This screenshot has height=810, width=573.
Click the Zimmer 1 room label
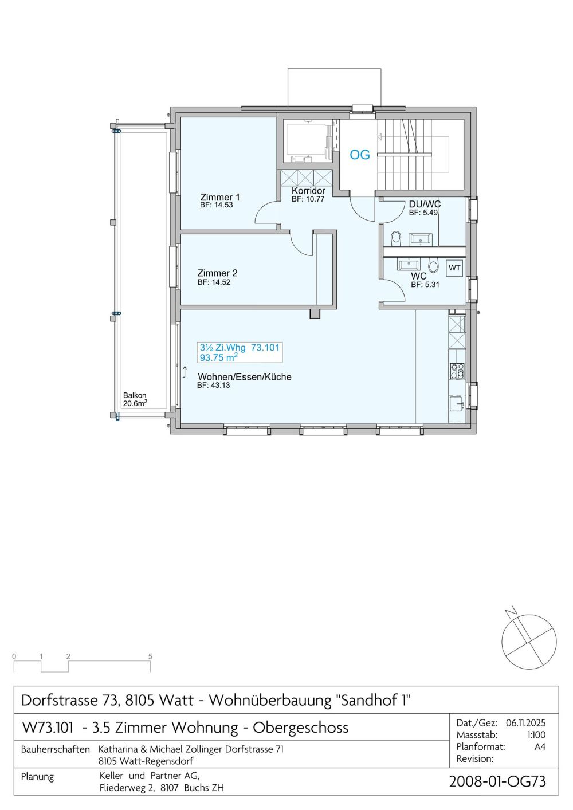pyautogui.click(x=220, y=198)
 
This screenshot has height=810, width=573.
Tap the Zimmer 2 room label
pyautogui.click(x=217, y=273)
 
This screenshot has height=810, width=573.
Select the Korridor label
pyautogui.click(x=309, y=191)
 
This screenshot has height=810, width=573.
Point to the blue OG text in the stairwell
pyautogui.click(x=360, y=155)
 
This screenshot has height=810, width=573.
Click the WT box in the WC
pyautogui.click(x=454, y=268)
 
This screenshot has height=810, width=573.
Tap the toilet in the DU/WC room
pyautogui.click(x=396, y=238)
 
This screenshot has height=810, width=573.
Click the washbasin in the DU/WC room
pyautogui.click(x=420, y=239)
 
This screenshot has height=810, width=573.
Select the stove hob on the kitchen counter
pyautogui.click(x=457, y=371)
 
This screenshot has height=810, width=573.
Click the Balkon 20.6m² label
pyautogui.click(x=135, y=400)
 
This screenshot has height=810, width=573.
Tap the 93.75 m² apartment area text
pyautogui.click(x=219, y=357)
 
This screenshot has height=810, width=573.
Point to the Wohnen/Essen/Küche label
pyautogui.click(x=244, y=377)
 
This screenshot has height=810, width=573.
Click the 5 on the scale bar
pyautogui.click(x=150, y=656)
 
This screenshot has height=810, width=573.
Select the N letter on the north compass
pyautogui.click(x=512, y=612)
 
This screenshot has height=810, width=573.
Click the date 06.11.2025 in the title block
pyautogui.click(x=525, y=723)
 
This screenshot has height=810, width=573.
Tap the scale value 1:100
pyautogui.click(x=536, y=735)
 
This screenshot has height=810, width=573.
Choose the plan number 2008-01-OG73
pyautogui.click(x=497, y=781)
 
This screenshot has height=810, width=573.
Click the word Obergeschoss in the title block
pyautogui.click(x=300, y=728)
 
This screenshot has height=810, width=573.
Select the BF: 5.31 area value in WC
pyautogui.click(x=425, y=285)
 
